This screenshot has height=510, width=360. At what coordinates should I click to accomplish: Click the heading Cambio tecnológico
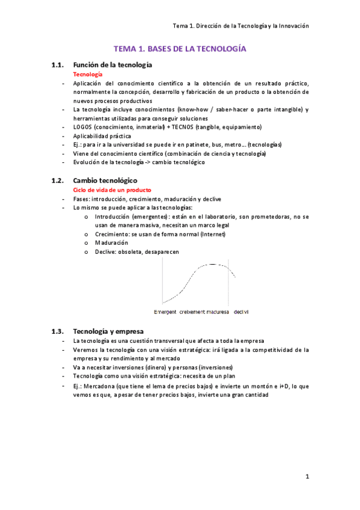pos(105,180)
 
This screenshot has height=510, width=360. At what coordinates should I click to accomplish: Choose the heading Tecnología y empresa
pos(108,331)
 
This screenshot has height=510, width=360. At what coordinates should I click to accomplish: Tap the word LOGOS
pos(82,127)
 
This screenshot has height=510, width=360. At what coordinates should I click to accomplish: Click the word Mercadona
pos(100,386)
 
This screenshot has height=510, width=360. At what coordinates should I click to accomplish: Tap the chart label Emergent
pos(165,312)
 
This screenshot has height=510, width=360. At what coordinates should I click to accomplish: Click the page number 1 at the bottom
pos(307,477)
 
